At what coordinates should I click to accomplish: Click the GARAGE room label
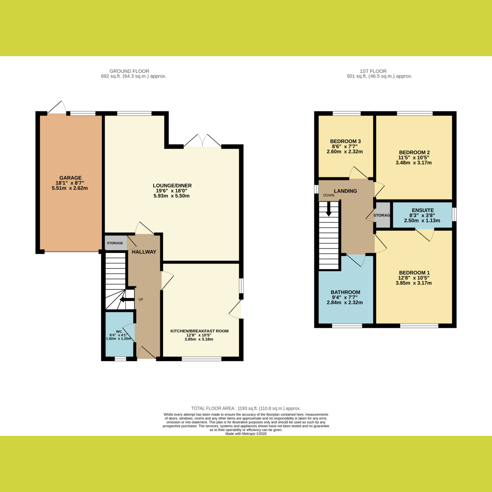point(71,178)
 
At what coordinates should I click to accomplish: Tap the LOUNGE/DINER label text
point(172,186)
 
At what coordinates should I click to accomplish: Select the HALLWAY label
point(144,252)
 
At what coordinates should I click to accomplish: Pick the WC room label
point(119,331)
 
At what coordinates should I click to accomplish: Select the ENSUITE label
point(423,210)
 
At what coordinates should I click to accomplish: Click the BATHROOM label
point(346,292)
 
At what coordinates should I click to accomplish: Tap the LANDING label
point(346,191)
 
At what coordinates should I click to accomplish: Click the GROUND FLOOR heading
point(130,71)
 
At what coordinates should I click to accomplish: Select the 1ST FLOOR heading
point(373,71)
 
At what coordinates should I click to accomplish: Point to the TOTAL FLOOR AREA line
point(246,408)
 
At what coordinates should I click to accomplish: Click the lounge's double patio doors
point(203,141)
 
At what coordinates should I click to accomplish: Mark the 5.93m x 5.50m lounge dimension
point(171,196)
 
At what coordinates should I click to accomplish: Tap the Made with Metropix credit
point(246,434)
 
